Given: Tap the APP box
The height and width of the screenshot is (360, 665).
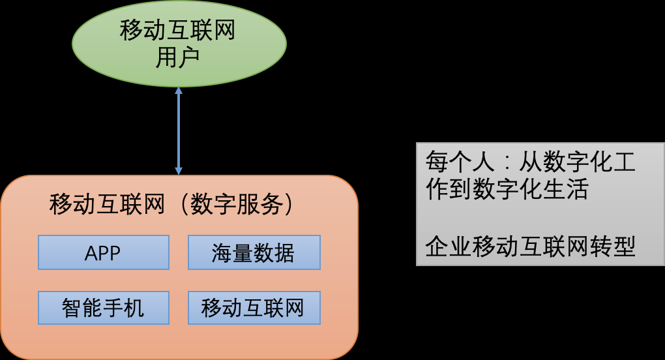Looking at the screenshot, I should click(x=103, y=252).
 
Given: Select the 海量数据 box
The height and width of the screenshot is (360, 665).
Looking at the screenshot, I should click(x=254, y=252).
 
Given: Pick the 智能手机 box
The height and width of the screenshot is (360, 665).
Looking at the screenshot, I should click(x=103, y=307).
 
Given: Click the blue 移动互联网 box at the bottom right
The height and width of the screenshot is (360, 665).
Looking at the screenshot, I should click(x=254, y=307).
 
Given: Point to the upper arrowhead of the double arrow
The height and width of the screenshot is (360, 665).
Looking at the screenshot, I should click(x=179, y=91).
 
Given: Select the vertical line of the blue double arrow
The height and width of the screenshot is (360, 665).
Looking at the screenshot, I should click(x=179, y=130).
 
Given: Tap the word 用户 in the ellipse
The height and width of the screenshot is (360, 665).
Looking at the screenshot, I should click(x=178, y=58).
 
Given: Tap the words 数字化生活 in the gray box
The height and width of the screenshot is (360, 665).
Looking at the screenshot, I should click(x=531, y=188).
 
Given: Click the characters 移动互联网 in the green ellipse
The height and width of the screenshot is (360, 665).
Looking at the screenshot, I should click(x=178, y=31).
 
